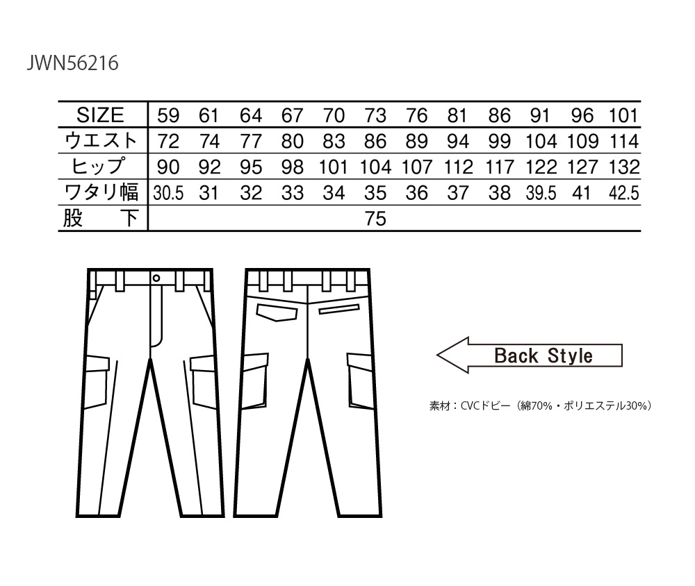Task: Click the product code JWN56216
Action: point(73,63)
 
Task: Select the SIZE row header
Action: point(100,115)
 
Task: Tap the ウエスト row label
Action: point(101,141)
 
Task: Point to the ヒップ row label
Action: point(99,167)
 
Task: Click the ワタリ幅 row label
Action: point(101,192)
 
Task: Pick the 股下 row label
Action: point(100,219)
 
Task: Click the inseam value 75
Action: point(375,219)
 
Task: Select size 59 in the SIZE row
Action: point(168,116)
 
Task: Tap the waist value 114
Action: point(624,142)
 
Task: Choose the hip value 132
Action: point(624,167)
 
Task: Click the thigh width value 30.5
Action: point(168,193)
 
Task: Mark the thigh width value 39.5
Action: point(541,193)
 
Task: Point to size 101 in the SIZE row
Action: point(623,116)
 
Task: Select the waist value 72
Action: point(168,142)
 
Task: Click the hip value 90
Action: point(168,167)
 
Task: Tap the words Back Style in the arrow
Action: point(543,355)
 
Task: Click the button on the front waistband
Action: point(156,278)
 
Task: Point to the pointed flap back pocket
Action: point(277,312)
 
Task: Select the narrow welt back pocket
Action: point(339,309)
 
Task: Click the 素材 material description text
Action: point(540,405)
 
